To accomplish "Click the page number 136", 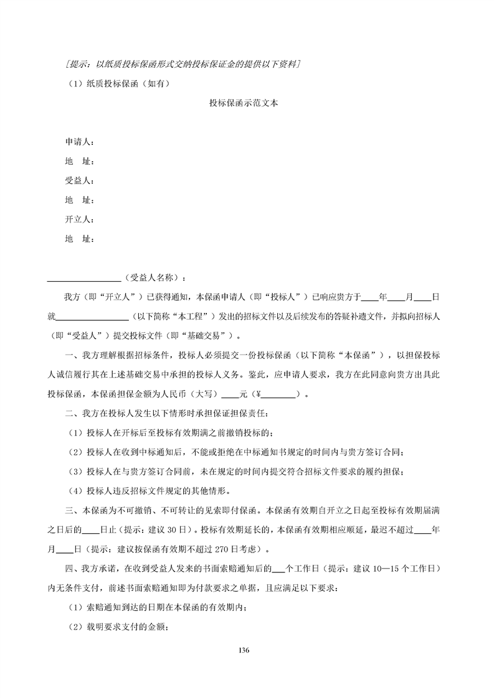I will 244,649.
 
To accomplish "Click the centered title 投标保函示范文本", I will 243,103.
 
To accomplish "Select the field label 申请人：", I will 79,142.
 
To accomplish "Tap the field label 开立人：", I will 79,220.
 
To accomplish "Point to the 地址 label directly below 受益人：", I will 79,200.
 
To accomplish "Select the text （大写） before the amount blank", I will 204,394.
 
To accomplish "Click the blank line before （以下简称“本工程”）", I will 92,316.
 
